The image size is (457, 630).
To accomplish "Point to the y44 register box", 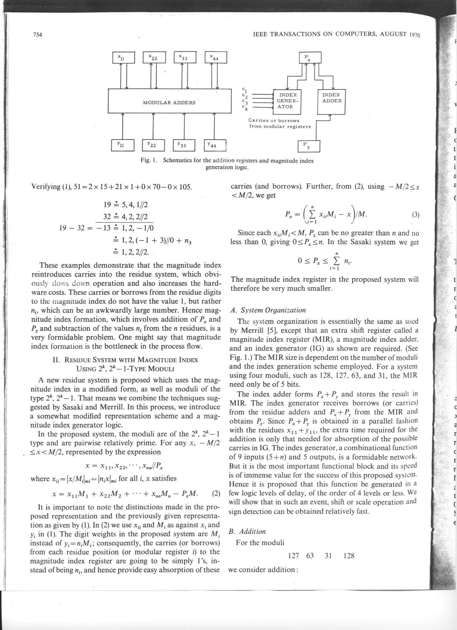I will click(215, 145).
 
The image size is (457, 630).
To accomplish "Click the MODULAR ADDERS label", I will click(169, 103).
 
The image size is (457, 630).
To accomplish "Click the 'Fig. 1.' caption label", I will click(149, 161).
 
